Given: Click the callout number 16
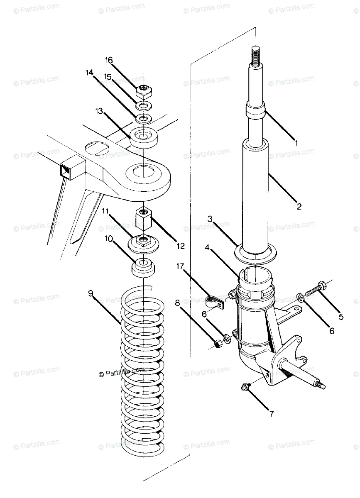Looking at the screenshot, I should (109, 61).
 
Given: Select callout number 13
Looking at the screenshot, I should (98, 111).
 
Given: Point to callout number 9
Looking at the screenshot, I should (91, 293).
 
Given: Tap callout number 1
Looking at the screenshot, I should (296, 143).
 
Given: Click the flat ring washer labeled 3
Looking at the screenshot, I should (254, 253).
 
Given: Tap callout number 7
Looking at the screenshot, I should (271, 414).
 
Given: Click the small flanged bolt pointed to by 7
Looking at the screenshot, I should (245, 387).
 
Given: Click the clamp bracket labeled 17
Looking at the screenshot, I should (215, 302).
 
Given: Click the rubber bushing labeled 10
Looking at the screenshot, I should (143, 268).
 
